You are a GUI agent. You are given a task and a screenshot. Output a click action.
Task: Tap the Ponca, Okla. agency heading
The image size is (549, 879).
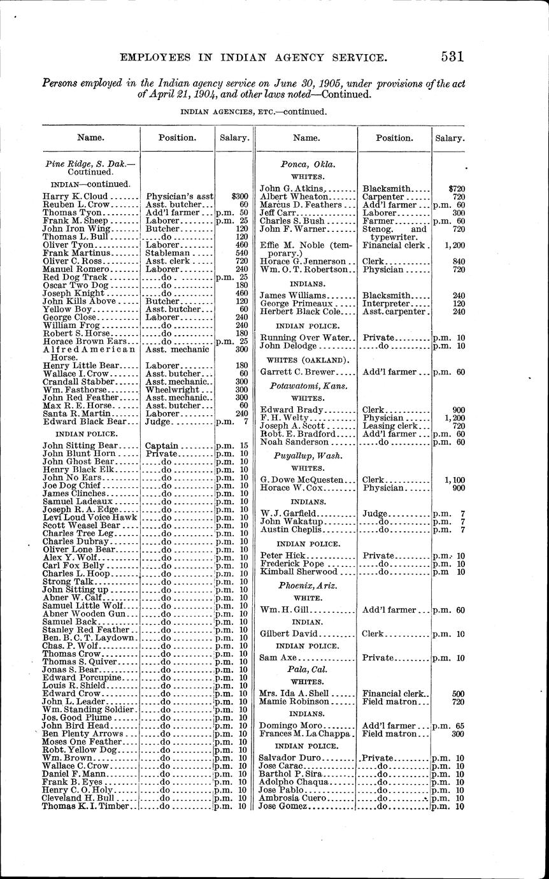308,164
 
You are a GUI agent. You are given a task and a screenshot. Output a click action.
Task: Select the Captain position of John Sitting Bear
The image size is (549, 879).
161,446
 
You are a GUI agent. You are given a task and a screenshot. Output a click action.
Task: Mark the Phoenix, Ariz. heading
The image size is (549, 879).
308,585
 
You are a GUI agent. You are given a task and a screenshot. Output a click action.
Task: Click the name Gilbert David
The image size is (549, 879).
290,634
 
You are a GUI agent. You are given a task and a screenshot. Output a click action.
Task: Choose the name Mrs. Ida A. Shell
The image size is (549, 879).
294,694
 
